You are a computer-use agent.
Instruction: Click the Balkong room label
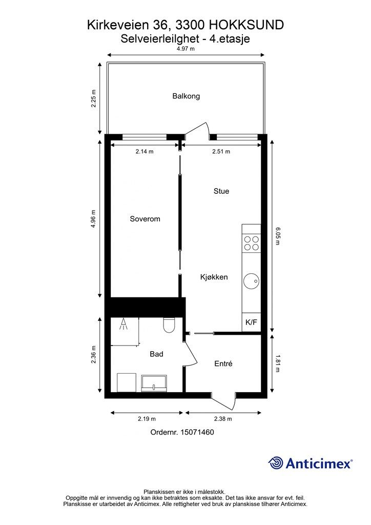[186, 96]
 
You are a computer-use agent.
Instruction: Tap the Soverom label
[145, 219]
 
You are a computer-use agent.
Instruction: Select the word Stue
[221, 191]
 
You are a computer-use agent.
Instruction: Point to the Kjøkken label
[214, 277]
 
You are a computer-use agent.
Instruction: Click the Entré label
[223, 364]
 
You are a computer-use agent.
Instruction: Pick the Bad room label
[156, 354]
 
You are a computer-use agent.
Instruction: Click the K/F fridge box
[251, 322]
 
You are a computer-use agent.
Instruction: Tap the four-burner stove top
[251, 244]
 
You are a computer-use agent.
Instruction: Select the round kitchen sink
[251, 281]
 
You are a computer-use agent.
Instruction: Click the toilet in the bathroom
[169, 325]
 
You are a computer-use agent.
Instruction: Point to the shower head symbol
[124, 324]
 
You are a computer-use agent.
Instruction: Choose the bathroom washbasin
[154, 383]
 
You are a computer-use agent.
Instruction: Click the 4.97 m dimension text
[186, 49]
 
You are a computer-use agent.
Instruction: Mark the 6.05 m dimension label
[277, 236]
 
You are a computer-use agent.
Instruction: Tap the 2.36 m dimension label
[94, 355]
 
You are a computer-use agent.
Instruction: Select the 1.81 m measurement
[277, 364]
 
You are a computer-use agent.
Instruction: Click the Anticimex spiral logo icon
[276, 463]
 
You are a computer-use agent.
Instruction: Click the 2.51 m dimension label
[221, 151]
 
